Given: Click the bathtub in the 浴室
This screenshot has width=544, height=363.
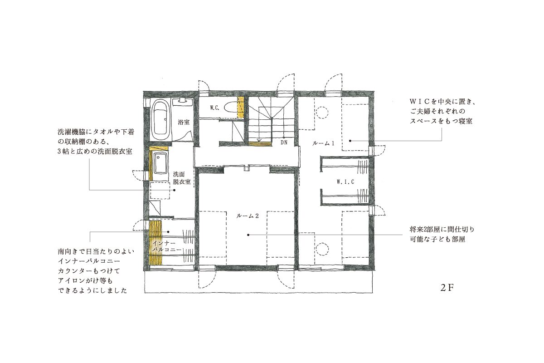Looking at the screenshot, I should point(159,120).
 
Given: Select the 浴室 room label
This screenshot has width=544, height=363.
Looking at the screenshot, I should point(184,122).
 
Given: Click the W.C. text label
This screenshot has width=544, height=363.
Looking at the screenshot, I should point(215,108).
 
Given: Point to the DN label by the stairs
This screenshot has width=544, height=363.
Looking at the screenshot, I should point(284,143).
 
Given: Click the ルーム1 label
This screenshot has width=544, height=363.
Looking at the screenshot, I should point(323,143).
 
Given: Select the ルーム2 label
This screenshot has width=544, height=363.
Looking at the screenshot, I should point(248,216).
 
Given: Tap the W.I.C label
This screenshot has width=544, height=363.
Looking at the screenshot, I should point(345,181).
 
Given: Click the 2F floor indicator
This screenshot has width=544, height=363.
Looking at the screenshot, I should point(447,289).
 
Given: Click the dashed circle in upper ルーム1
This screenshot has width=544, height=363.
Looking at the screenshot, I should point(322,111).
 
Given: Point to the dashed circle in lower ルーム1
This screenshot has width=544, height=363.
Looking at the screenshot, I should point(322,248).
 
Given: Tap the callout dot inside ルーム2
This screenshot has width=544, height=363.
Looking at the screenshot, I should point(248,235).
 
